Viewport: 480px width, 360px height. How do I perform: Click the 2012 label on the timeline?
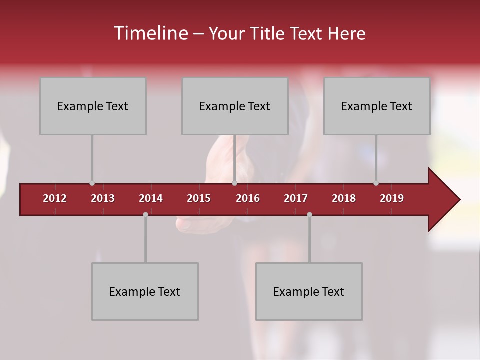point(55,198)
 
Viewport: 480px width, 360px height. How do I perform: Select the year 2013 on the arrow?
point(103,198)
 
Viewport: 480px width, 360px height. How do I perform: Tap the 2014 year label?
point(151,198)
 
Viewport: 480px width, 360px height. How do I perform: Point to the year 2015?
point(199,198)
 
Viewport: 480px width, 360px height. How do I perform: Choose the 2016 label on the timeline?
point(248,198)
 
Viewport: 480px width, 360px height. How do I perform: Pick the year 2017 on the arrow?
point(296,198)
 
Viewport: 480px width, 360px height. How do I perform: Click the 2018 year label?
point(344,198)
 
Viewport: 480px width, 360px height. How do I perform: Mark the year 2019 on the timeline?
point(392,198)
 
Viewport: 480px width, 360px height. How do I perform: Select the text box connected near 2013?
point(93,106)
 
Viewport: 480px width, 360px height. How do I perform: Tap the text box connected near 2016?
point(235,106)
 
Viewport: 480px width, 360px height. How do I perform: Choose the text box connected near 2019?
point(377,106)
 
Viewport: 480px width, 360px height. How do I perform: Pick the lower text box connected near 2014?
point(145,291)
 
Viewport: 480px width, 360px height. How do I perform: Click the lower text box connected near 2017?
point(309,291)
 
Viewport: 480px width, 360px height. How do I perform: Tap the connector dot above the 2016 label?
point(234,183)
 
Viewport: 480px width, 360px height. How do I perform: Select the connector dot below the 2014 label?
point(145,214)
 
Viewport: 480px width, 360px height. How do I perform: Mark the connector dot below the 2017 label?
point(309,214)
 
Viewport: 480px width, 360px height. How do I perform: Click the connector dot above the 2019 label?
point(376,183)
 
